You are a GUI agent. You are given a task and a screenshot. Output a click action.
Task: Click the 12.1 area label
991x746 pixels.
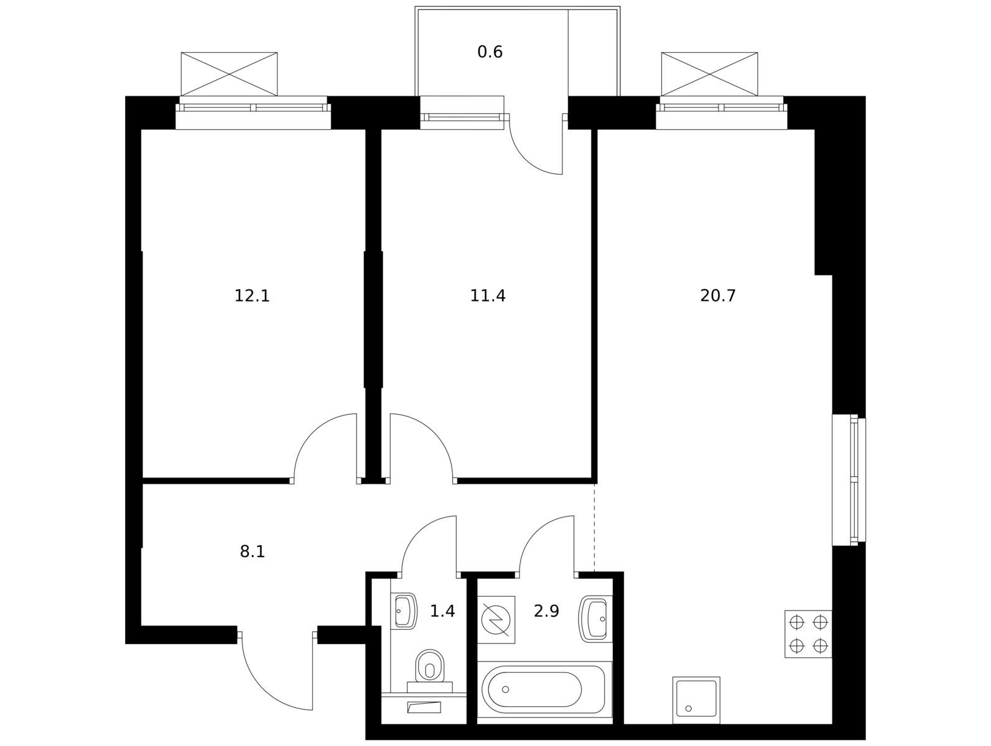coord(252,296)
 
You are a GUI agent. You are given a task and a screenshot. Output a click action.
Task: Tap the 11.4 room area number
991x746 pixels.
coord(488,296)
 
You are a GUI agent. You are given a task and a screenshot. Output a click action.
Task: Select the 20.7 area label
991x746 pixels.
coord(718,296)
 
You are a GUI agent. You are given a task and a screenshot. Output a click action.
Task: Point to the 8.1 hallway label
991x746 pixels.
coord(253,551)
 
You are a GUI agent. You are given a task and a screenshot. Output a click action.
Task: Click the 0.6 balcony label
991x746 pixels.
coord(490,52)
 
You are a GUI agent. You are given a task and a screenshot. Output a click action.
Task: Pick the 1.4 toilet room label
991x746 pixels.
coord(442,611)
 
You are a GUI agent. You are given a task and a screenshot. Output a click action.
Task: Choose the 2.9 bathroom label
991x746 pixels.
coord(546,611)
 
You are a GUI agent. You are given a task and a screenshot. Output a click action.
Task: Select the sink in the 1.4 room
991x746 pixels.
coord(403,611)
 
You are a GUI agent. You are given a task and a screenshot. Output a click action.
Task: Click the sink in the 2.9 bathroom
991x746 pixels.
coord(595,619)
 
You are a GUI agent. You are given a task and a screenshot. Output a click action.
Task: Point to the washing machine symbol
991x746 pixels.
coord(496,620)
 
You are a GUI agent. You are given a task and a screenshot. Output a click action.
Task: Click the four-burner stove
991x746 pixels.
coord(808,634)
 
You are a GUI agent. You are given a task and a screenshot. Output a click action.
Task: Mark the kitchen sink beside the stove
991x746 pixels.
coord(696,699)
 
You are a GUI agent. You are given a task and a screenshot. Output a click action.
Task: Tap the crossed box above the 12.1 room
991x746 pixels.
coord(229,74)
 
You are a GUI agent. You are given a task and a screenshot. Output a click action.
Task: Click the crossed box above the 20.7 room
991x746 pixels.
coord(709,74)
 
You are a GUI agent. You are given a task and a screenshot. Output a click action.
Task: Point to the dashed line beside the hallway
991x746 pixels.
coord(594,528)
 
